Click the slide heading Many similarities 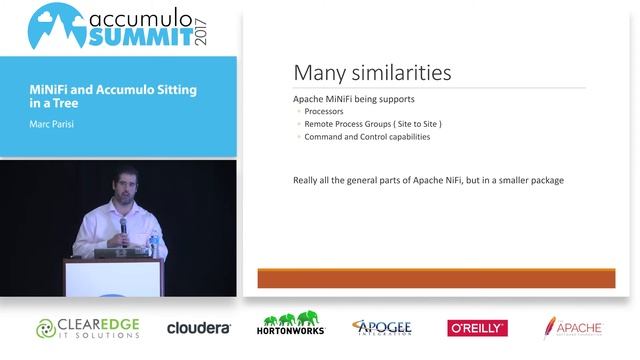pos(372,73)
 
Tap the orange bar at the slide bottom pos(436,278)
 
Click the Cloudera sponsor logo pos(199,328)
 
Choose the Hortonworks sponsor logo pos(291,325)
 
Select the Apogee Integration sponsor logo pos(382,327)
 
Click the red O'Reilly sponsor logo pos(477,328)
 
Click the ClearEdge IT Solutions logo pos(88,327)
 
